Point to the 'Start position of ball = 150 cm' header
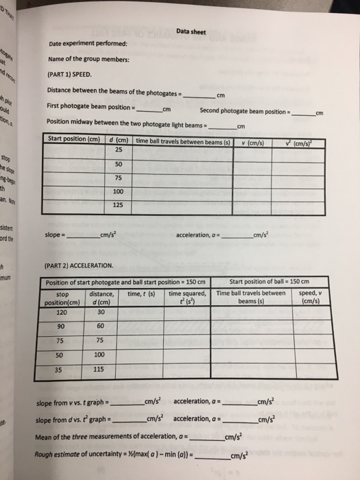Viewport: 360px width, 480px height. (269, 282)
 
